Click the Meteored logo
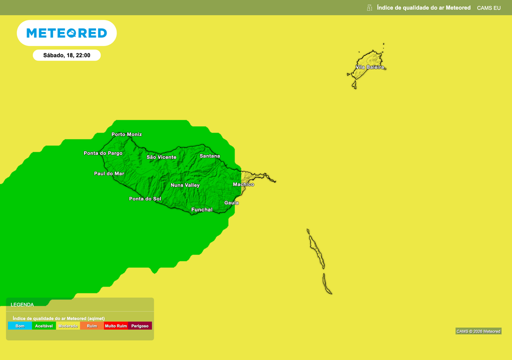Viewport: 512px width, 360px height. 66,33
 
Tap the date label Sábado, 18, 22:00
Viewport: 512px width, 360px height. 66,55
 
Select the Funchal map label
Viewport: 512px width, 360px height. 202,209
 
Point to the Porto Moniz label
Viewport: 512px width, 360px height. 126,134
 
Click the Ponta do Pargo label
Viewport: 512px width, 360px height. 103,153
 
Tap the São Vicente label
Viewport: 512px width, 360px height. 161,157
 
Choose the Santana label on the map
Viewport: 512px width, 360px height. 209,156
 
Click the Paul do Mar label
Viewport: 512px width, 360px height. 109,173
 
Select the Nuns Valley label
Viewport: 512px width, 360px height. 185,185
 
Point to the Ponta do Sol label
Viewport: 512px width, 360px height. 145,199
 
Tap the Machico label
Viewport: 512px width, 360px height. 243,184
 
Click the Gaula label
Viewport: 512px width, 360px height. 231,202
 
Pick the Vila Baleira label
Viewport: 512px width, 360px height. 370,67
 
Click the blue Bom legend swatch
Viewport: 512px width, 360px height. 20,326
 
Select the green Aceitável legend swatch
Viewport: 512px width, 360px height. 44,326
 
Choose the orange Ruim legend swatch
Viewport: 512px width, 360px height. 92,326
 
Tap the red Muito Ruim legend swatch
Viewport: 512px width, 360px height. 116,326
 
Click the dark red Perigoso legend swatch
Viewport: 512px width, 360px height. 140,326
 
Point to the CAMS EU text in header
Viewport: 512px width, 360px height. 488,7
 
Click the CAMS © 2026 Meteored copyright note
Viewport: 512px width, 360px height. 478,331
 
